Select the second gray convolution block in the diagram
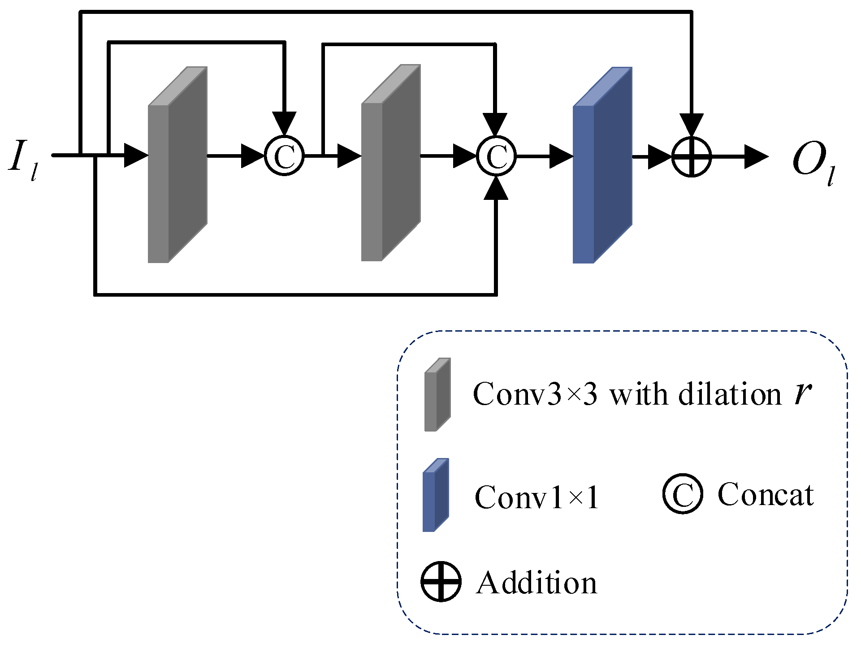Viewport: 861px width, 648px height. (x=391, y=163)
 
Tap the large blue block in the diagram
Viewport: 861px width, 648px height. (x=602, y=165)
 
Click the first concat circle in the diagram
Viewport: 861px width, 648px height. (x=285, y=156)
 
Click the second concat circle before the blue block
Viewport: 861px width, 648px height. (x=496, y=156)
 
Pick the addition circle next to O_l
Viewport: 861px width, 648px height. (x=692, y=157)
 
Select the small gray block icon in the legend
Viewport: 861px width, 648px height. (x=437, y=395)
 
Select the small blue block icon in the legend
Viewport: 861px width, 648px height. (x=435, y=495)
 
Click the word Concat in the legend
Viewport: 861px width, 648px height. (x=766, y=495)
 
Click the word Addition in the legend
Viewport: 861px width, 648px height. (x=537, y=583)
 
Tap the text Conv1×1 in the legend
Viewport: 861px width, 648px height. (x=537, y=497)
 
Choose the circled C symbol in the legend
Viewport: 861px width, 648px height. (x=683, y=493)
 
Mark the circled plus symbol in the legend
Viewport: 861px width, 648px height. (x=441, y=581)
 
